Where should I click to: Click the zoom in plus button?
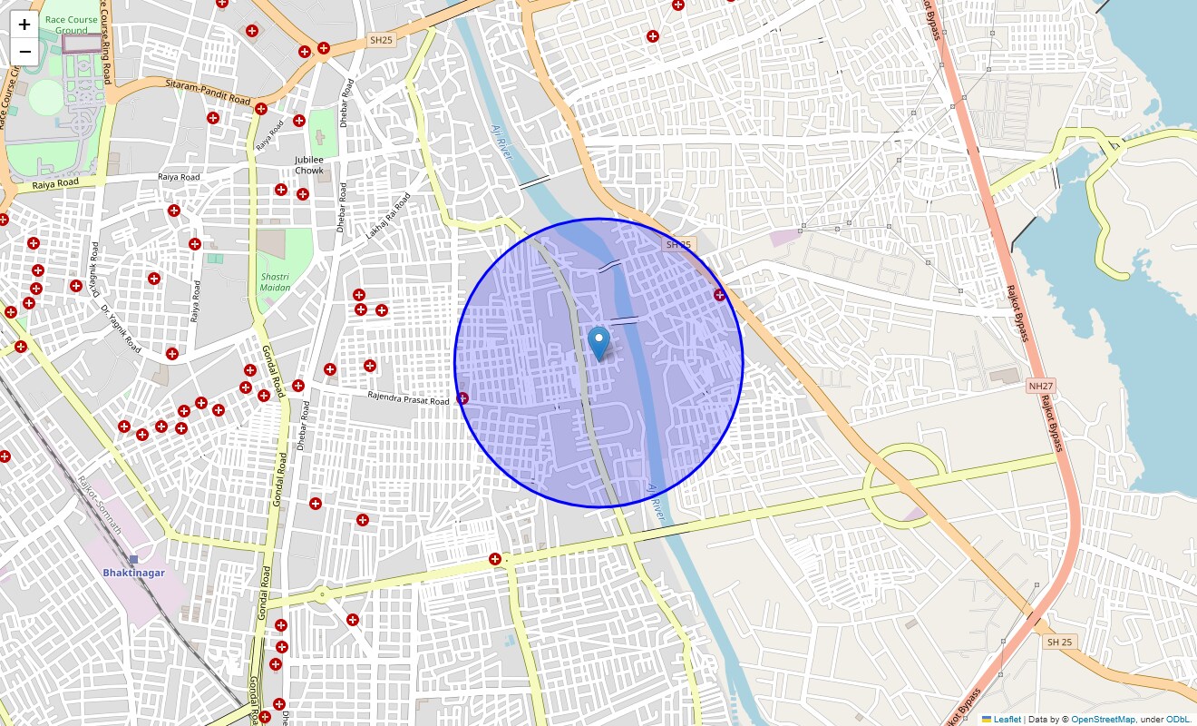pos(24,25)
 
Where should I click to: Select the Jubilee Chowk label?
pos(309,165)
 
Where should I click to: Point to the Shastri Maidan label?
pos(276,281)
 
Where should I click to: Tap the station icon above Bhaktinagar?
pos(133,559)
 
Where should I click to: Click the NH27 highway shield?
pos(1039,387)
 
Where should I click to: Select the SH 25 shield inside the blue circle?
pos(678,245)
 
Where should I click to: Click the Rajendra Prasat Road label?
pos(408,400)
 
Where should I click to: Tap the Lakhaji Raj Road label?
pos(388,217)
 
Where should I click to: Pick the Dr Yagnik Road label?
pos(121,329)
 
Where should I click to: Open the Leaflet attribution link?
pos(1007,720)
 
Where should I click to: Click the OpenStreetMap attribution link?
pos(1103,720)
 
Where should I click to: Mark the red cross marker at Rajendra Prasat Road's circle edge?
pos(462,397)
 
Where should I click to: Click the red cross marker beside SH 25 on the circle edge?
pos(719,294)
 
